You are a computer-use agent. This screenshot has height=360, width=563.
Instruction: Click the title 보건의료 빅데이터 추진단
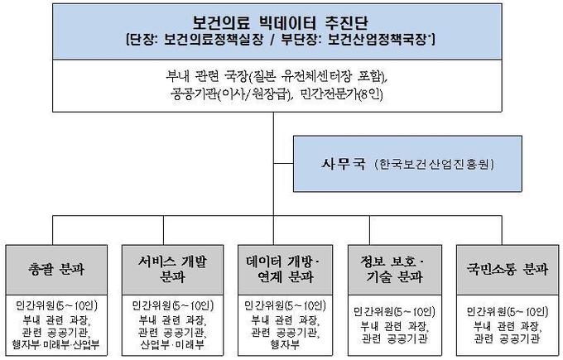click(x=280, y=23)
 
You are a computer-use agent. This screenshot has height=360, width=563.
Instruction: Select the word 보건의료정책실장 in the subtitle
click(x=214, y=40)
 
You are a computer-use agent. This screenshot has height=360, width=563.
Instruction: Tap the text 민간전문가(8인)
click(x=341, y=94)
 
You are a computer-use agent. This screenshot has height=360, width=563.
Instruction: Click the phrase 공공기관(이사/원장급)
click(x=230, y=94)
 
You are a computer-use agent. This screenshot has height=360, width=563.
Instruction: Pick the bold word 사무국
click(x=344, y=164)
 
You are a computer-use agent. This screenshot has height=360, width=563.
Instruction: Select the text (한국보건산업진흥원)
click(x=434, y=165)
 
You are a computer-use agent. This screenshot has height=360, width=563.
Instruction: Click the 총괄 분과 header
click(x=56, y=269)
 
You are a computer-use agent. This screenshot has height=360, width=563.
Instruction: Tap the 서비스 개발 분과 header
click(x=173, y=269)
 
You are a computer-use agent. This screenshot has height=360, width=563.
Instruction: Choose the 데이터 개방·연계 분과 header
click(x=284, y=269)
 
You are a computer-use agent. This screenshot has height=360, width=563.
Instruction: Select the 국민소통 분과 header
click(x=508, y=269)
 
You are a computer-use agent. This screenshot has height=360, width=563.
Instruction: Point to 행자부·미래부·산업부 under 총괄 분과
click(x=55, y=345)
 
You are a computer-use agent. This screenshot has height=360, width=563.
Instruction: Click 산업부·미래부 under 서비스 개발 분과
click(x=172, y=345)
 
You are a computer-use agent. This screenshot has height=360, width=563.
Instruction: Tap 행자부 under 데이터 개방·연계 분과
click(x=285, y=345)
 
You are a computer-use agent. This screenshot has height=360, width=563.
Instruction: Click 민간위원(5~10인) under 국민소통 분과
click(x=508, y=311)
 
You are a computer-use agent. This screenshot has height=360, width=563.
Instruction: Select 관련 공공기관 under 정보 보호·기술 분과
click(x=395, y=338)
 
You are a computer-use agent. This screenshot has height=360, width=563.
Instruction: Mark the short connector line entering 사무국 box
click(x=283, y=164)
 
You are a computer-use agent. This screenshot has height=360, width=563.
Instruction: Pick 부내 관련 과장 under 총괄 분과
click(x=57, y=319)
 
